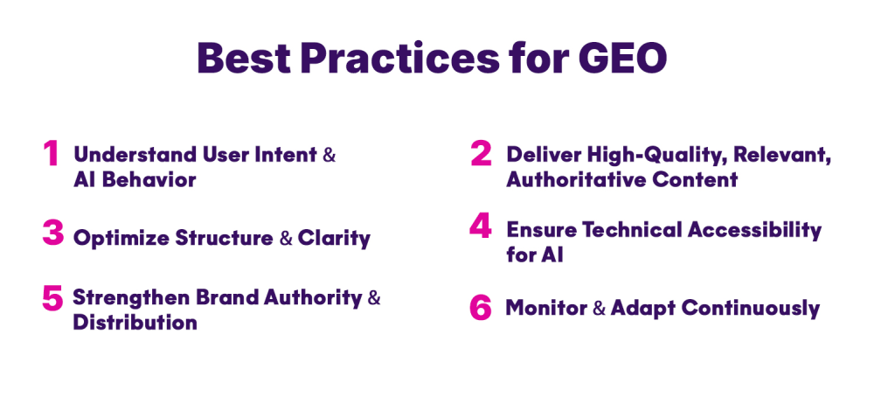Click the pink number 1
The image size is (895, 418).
[52, 154]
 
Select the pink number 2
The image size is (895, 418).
[481, 154]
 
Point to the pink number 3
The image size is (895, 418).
[52, 233]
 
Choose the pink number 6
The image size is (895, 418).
[481, 308]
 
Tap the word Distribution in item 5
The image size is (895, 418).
[135, 322]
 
